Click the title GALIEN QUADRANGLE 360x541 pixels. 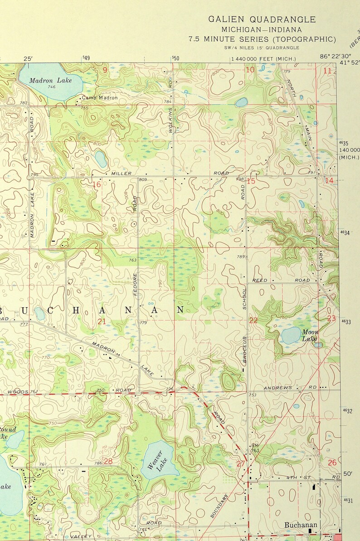[x=262, y=19]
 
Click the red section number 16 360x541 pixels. [x=97, y=184]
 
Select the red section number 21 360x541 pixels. [x=102, y=321]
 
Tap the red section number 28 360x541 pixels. [x=108, y=461]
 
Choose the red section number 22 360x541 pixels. [x=253, y=320]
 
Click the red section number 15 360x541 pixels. [x=251, y=181]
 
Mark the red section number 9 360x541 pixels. [x=105, y=70]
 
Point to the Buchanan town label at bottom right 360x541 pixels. [x=301, y=525]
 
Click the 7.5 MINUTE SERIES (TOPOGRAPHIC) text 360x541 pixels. [x=263, y=39]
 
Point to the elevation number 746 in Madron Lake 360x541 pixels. [x=51, y=87]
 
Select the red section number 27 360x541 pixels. [x=241, y=463]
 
